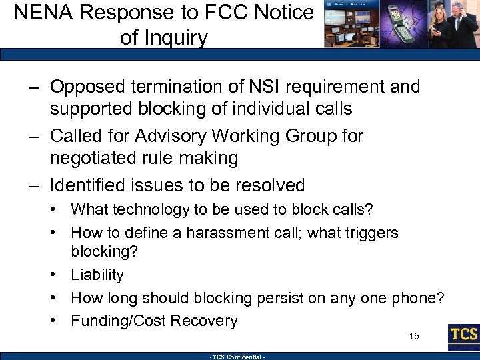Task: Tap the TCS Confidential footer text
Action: (238, 357)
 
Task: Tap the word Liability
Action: (97, 275)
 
